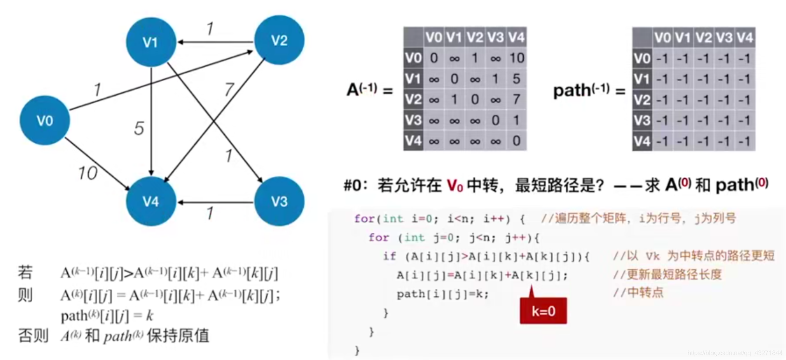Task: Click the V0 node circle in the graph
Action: point(44,120)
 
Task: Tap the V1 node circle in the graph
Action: point(151,42)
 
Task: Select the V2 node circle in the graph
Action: point(279,40)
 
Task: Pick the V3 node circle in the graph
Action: point(279,201)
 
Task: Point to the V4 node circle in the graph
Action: point(151,201)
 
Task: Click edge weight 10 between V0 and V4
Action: point(87,173)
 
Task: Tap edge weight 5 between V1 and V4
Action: point(139,128)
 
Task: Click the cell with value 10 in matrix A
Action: point(516,58)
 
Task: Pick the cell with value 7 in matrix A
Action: point(516,99)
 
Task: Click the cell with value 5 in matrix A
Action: point(516,79)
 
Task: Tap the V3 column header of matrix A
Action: point(495,37)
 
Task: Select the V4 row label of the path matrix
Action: point(642,140)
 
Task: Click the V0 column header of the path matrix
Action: point(662,37)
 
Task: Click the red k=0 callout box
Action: point(543,311)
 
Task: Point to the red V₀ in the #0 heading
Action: point(454,185)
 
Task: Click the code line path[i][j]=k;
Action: point(442,294)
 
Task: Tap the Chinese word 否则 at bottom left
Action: point(33,335)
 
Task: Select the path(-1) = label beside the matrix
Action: point(588,91)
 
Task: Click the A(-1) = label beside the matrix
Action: point(369,90)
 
